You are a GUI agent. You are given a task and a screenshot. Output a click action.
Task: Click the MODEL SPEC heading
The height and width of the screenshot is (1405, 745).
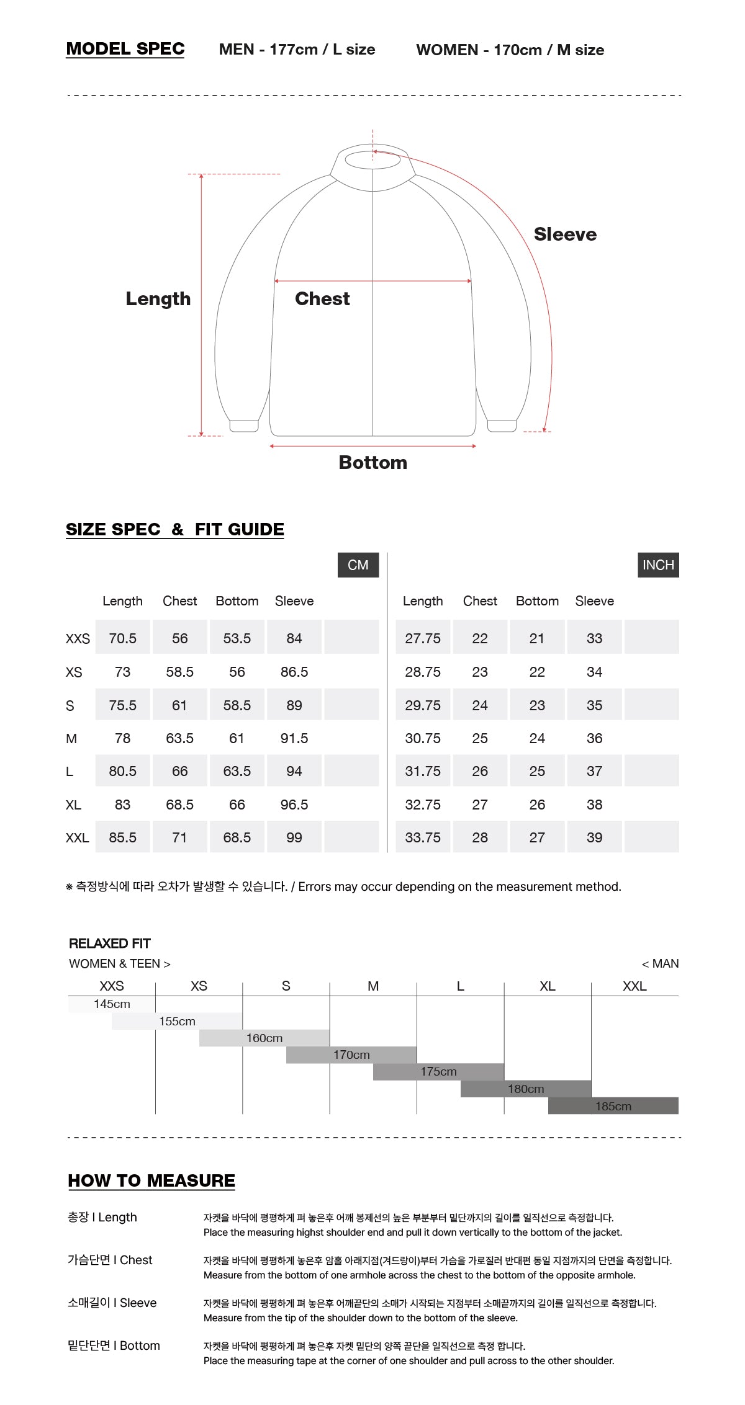point(125,49)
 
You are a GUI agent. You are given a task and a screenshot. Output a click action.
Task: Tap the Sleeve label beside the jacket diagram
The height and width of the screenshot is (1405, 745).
point(565,234)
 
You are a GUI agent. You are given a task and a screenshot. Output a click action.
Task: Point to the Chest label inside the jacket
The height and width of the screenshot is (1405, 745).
point(322,298)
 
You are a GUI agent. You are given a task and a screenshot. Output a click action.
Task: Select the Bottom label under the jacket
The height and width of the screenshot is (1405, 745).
point(373,462)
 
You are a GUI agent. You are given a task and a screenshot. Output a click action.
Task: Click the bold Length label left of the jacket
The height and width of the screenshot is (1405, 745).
point(158,299)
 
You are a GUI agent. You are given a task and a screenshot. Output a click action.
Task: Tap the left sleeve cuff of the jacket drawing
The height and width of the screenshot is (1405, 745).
point(244,426)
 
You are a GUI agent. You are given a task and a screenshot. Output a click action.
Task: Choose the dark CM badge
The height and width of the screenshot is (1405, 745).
point(358,565)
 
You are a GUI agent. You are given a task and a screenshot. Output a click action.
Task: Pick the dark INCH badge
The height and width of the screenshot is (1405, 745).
point(658,565)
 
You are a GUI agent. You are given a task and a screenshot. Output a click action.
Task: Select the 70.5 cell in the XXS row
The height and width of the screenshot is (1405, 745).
point(123,638)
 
